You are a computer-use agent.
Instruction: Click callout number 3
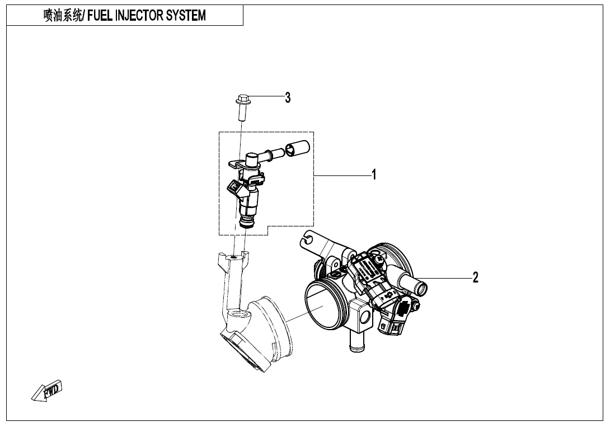click(288, 98)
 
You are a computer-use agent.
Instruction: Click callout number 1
click(374, 175)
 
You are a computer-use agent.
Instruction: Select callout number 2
click(475, 277)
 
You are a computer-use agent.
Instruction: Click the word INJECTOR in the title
click(138, 16)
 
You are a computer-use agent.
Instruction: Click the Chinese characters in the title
click(62, 16)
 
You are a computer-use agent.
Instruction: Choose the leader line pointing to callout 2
click(448, 277)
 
